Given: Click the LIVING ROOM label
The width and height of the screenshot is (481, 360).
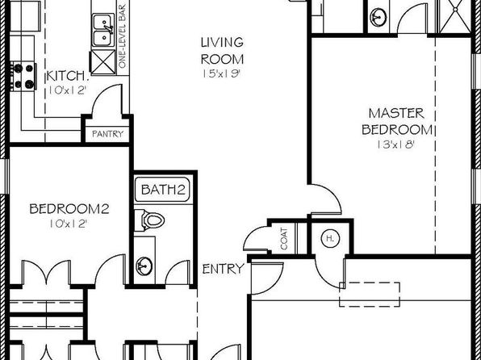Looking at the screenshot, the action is click(223, 51).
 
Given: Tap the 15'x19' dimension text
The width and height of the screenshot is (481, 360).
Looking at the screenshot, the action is click(220, 74).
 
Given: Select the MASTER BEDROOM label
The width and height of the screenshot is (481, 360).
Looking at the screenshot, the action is click(396, 122).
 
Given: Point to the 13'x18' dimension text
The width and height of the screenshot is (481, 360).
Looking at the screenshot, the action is click(396, 144).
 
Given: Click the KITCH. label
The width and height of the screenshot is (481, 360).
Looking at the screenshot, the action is click(68, 77).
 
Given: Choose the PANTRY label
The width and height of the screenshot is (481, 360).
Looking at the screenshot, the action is click(107, 134).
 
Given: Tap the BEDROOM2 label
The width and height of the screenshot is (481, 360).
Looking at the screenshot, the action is click(69, 209).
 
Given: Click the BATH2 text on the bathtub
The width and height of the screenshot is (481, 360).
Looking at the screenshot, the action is click(164, 190).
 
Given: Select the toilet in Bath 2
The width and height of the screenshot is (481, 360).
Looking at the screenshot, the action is click(149, 220).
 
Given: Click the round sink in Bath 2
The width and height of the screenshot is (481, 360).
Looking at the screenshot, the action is click(144, 266).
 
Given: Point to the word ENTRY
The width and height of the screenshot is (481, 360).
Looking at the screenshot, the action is click(223, 269).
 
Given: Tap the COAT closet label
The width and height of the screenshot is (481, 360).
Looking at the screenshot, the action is click(284, 238).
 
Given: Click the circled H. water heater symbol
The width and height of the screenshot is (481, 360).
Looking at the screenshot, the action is click(330, 238).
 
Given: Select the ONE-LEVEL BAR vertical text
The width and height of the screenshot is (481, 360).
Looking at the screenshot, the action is click(122, 36).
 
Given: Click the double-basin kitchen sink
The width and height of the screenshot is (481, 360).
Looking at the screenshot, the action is click(103, 30).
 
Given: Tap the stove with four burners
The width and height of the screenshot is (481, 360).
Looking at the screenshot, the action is click(23, 76).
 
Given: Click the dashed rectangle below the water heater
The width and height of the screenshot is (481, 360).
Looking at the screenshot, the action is click(370, 295).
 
